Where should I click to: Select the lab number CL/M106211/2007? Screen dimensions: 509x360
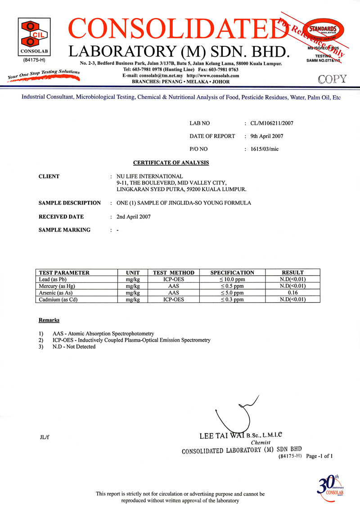tap(269, 123)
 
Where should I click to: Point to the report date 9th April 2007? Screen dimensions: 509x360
tap(263, 136)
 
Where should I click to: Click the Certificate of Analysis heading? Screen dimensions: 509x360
tap(171, 162)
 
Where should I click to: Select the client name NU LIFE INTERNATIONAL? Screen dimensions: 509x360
tap(149, 176)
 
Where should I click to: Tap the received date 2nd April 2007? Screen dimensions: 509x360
tap(133, 216)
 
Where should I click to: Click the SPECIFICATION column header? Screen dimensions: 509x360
tap(232, 272)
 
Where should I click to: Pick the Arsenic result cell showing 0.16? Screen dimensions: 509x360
tap(292, 293)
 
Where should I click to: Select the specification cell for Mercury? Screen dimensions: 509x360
tap(232, 286)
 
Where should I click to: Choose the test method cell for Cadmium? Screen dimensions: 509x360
tap(173, 299)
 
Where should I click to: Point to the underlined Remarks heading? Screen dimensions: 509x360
tap(49, 320)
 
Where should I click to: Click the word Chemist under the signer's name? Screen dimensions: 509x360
tap(261, 443)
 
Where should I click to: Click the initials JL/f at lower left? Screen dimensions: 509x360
tap(44, 437)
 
